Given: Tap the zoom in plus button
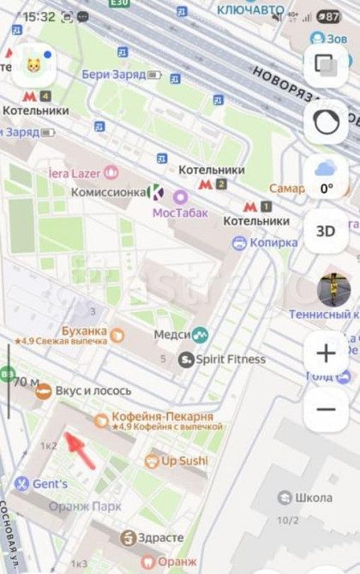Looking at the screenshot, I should click(326, 353).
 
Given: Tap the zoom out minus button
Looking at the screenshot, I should click(326, 409).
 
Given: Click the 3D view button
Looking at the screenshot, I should click(326, 231).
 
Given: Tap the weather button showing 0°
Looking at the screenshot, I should click(326, 176).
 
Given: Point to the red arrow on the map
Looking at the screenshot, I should click(81, 449).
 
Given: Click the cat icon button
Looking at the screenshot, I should click(33, 66).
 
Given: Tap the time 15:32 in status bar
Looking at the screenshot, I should click(38, 16).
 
